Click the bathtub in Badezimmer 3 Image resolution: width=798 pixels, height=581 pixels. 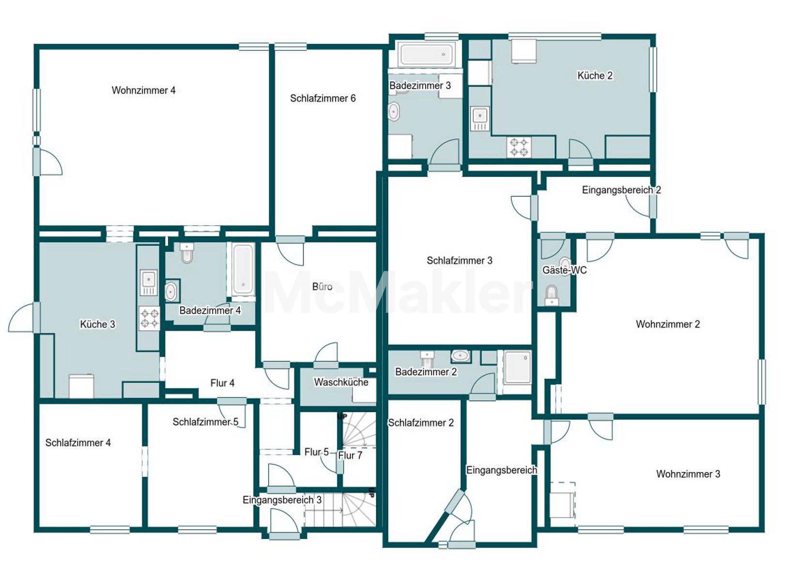tap(427, 55)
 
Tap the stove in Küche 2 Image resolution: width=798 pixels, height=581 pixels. tap(518, 147)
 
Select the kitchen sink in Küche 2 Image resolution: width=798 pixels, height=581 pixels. tap(480, 119)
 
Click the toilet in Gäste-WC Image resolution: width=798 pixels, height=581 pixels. tap(552, 296)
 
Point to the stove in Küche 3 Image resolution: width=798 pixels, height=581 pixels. tap(149, 318)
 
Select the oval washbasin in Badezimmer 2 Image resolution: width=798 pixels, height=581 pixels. tap(460, 355)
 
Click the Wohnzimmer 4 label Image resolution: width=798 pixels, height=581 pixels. tap(143, 91)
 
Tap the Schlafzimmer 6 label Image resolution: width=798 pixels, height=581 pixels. tap(323, 98)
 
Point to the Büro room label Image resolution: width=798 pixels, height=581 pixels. tap(322, 287)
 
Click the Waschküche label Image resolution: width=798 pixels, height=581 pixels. tap(341, 382)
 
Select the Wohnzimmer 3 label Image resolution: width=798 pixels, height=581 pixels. tap(688, 474)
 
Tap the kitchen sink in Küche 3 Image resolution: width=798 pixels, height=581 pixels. tap(149, 283)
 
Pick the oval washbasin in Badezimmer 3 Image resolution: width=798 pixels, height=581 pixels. tap(393, 111)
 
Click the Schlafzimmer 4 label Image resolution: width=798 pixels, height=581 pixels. tap(78, 443)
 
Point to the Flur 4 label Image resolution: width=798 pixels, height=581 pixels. tap(222, 383)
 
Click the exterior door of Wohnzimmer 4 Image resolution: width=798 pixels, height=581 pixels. tap(47, 162)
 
